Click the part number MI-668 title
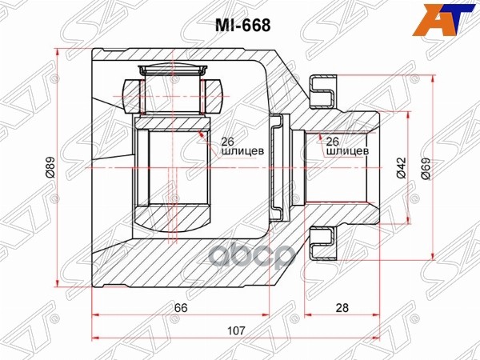242,26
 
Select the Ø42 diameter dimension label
401,168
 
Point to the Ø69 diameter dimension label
426,169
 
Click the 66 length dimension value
181,308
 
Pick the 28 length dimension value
342,308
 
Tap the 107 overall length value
237,330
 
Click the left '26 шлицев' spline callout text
242,146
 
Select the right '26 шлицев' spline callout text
347,146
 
